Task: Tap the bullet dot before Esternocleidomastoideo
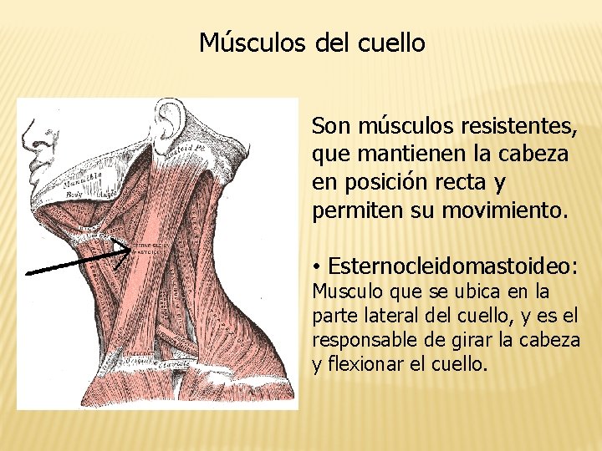(x=319, y=267)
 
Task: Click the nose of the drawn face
(x=26, y=133)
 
